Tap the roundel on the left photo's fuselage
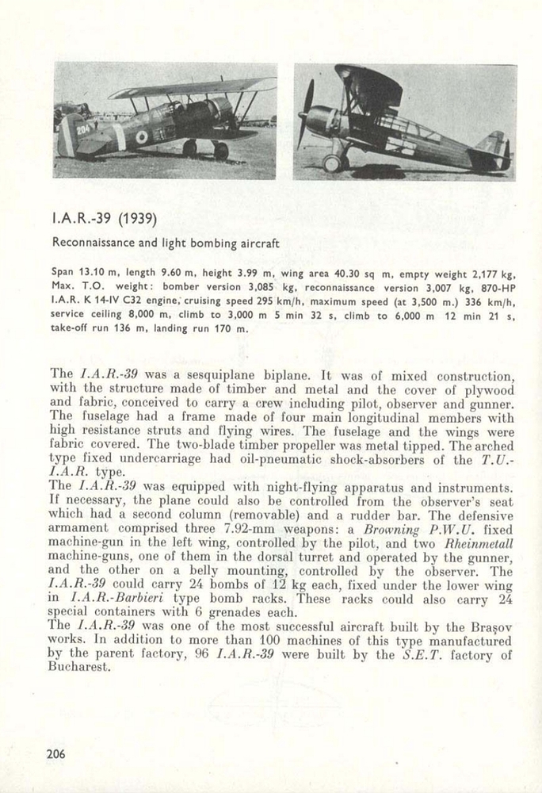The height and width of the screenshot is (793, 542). [x=141, y=136]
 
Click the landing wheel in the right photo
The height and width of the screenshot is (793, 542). [x=332, y=163]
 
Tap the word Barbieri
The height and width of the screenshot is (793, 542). [x=151, y=598]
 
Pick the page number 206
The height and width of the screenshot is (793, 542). [x=55, y=754]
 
